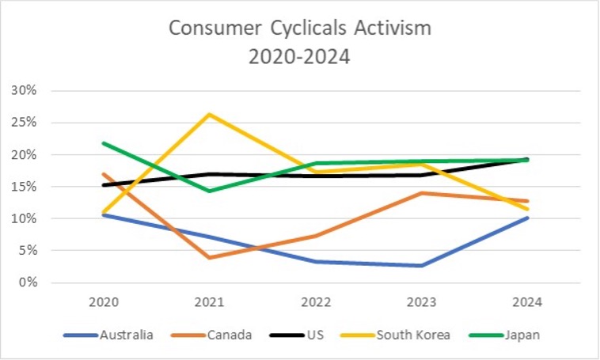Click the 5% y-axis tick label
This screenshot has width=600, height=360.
coord(28,251)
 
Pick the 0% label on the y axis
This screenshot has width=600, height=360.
coord(28,282)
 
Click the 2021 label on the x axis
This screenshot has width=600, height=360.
coord(209,301)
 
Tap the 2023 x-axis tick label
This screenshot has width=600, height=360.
coord(420,301)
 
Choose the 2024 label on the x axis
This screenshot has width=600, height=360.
coord(526,301)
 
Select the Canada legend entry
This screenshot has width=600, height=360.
coord(230,335)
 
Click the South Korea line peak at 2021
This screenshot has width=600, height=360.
coord(209,114)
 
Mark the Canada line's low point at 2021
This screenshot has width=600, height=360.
coord(209,257)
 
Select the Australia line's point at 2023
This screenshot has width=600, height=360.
coord(420,265)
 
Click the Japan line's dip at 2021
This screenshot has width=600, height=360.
coord(209,191)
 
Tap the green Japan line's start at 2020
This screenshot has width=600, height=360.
coord(103,143)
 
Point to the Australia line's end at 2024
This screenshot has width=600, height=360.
coord(526,218)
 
